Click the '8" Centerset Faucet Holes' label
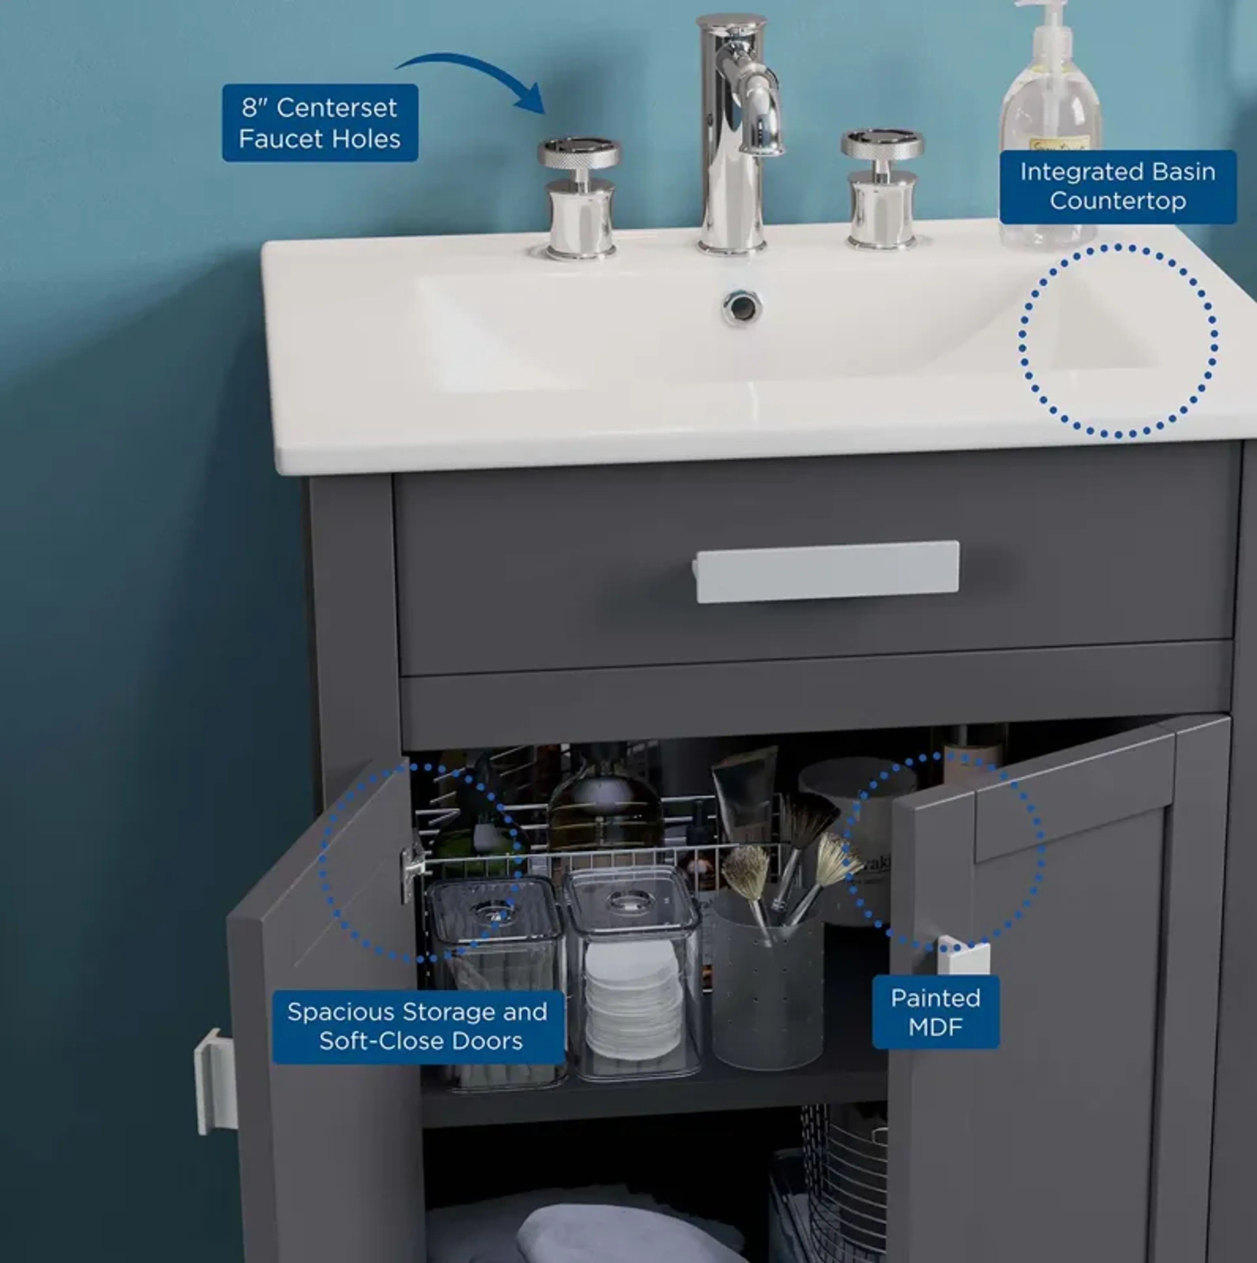[x=320, y=123]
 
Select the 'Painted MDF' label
[x=935, y=1012]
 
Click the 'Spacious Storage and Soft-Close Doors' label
[x=418, y=1026]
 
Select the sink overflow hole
[x=742, y=307]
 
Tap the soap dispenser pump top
[x=1047, y=20]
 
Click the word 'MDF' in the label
[x=935, y=1027]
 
